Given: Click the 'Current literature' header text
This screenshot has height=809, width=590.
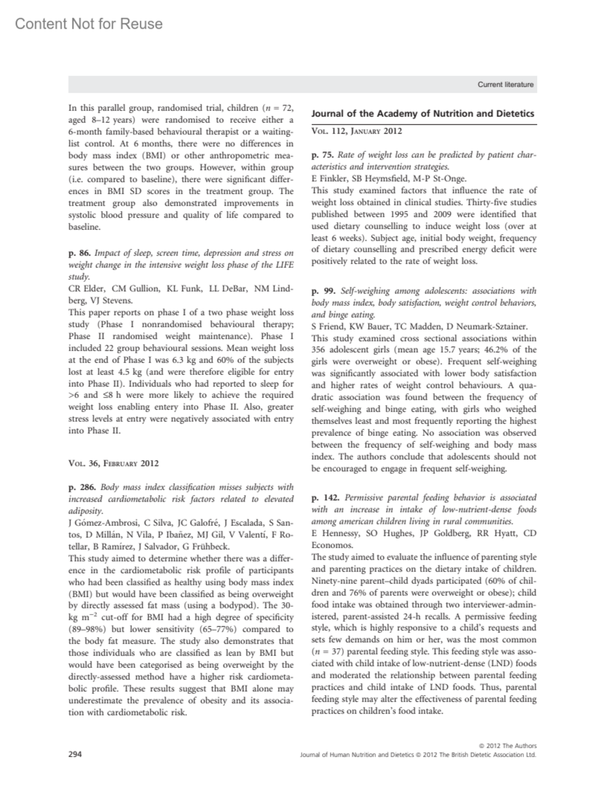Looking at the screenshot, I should coord(505,85).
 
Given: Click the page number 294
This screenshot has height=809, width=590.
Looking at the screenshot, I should coord(75,754).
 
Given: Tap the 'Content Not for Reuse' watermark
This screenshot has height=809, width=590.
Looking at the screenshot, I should coord(89,24).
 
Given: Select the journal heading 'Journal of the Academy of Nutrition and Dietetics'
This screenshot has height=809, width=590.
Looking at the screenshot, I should coord(423,114).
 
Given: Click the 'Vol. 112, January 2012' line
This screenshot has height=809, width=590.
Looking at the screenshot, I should coord(357,131).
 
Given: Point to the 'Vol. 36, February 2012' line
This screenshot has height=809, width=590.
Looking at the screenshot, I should coord(114,463).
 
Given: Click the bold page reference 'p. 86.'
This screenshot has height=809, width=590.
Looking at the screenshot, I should coord(79,253).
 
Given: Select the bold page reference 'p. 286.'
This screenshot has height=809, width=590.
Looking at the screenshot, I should coord(82,487).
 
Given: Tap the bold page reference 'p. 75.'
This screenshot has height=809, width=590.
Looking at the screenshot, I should coord(323,155).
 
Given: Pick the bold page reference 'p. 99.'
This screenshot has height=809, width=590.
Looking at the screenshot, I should coord(323,291).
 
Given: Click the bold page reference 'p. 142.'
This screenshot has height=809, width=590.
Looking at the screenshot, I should coord(325,497).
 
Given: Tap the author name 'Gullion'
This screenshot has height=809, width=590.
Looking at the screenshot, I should coord(143,289).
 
